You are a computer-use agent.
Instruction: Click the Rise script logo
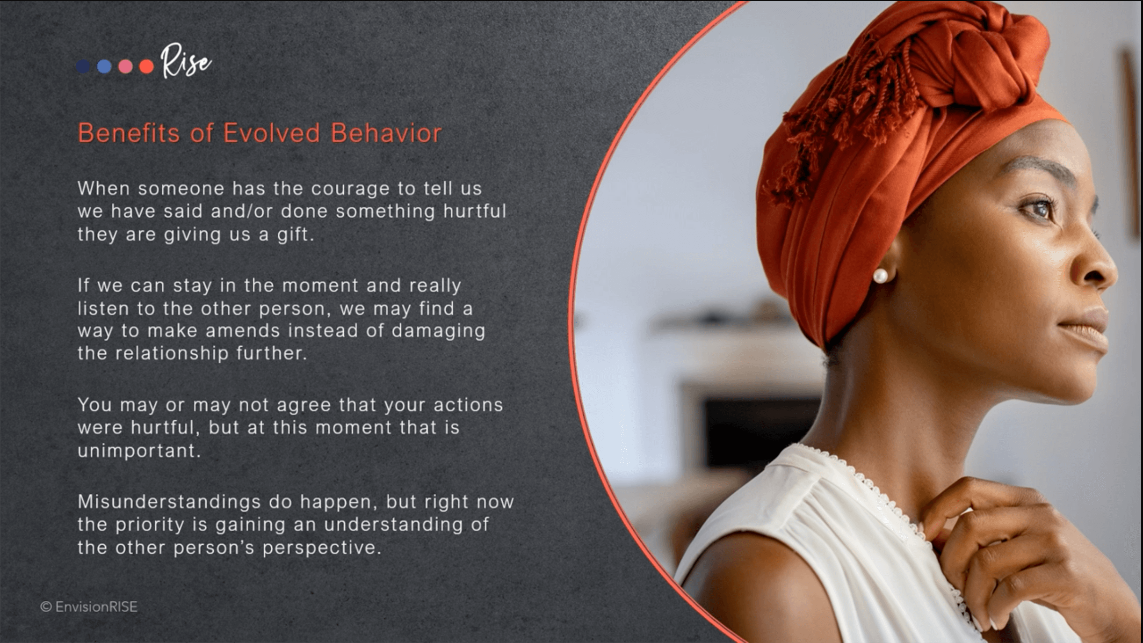186,61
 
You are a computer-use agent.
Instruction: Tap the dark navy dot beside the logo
83,66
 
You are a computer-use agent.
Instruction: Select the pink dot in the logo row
125,66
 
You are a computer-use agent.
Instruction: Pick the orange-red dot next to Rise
146,66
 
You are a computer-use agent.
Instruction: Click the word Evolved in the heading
271,133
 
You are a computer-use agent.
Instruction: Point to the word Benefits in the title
129,133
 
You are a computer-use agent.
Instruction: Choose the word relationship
172,353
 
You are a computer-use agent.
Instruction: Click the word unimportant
139,451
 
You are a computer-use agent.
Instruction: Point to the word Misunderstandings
169,502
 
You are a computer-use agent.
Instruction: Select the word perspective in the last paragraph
322,548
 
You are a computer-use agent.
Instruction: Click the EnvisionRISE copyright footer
89,607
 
